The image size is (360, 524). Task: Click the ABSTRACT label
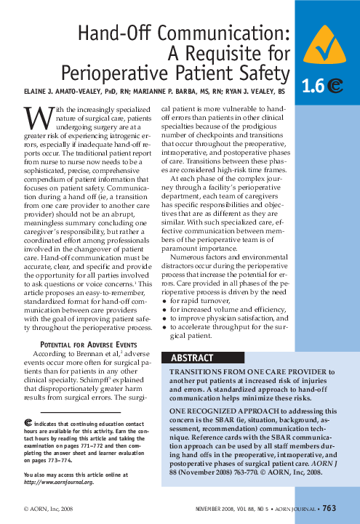click(x=192, y=358)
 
